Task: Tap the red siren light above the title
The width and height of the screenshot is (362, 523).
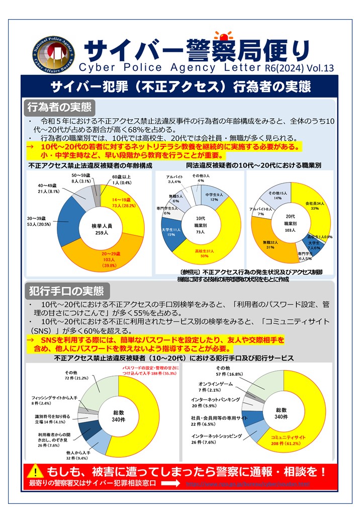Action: point(222,36)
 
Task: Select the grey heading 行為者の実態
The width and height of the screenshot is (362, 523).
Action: point(60,107)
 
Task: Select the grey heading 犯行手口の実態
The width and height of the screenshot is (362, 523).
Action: point(66,291)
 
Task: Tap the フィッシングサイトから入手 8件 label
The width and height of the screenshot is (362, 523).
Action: point(54,400)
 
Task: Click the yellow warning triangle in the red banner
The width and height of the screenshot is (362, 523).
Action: point(36,472)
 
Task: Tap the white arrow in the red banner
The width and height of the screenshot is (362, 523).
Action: point(168,483)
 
